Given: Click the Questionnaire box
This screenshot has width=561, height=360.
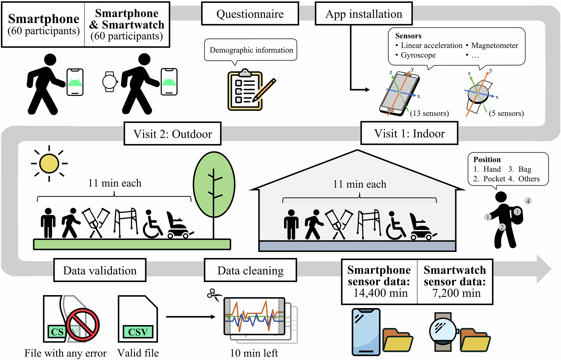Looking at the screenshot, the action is point(250,14).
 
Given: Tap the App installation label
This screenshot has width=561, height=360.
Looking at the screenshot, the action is point(364,14).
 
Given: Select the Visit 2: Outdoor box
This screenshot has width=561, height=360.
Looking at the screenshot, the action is point(172,134).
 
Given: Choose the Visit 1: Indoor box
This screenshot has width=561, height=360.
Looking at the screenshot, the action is point(409,133).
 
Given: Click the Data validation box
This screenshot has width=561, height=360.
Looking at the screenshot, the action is point(100,270).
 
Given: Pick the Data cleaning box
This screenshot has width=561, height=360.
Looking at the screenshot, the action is point(250,270).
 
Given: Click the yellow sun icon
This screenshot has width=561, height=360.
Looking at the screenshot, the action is point(49,163).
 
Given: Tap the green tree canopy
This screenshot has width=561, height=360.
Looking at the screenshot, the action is point(214,184).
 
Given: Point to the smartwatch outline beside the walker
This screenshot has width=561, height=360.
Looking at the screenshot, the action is point(110,82).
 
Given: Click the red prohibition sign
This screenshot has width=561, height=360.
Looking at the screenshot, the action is point(83,325).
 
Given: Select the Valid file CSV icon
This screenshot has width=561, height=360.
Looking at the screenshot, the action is point(138,319).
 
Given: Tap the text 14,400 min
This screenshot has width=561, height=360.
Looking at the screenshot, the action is point(381,293).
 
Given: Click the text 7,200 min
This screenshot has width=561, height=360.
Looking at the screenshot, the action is point(456,293).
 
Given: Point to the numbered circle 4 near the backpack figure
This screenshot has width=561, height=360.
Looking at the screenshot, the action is point(528,201).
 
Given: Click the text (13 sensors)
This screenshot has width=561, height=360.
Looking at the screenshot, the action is point(429,113).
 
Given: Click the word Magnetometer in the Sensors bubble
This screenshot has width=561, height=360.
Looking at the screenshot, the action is point(495,45).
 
